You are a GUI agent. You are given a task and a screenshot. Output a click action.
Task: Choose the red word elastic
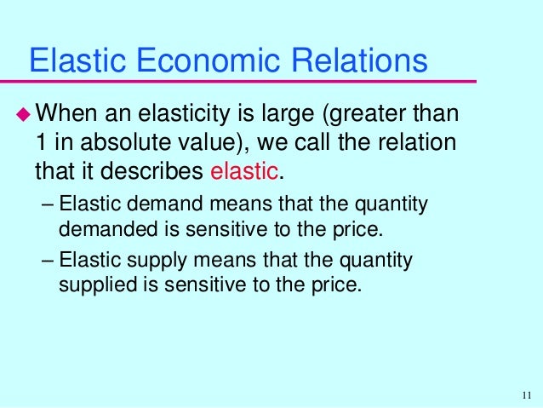(x=243, y=170)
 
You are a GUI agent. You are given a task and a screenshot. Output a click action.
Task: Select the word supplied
(x=91, y=283)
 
